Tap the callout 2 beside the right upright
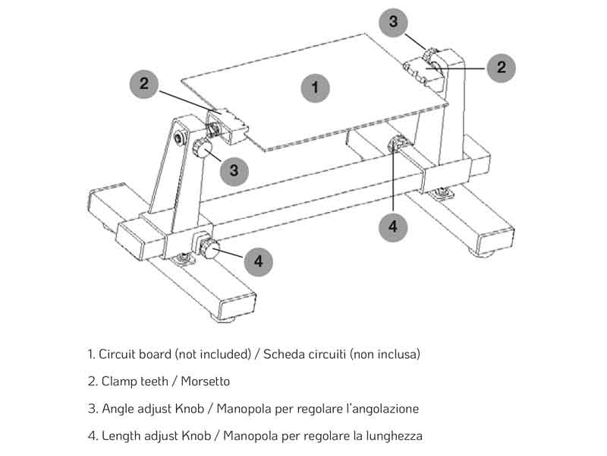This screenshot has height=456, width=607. tap(501, 67)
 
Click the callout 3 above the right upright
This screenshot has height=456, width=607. tap(393, 21)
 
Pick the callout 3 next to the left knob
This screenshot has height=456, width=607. tap(234, 171)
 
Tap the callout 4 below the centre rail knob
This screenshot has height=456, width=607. tap(393, 226)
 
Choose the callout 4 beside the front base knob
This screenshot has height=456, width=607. tap(259, 261)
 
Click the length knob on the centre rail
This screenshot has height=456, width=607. tap(397, 144)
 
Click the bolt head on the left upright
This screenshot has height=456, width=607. tap(180, 138)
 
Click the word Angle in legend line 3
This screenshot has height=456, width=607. tap(116, 409)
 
